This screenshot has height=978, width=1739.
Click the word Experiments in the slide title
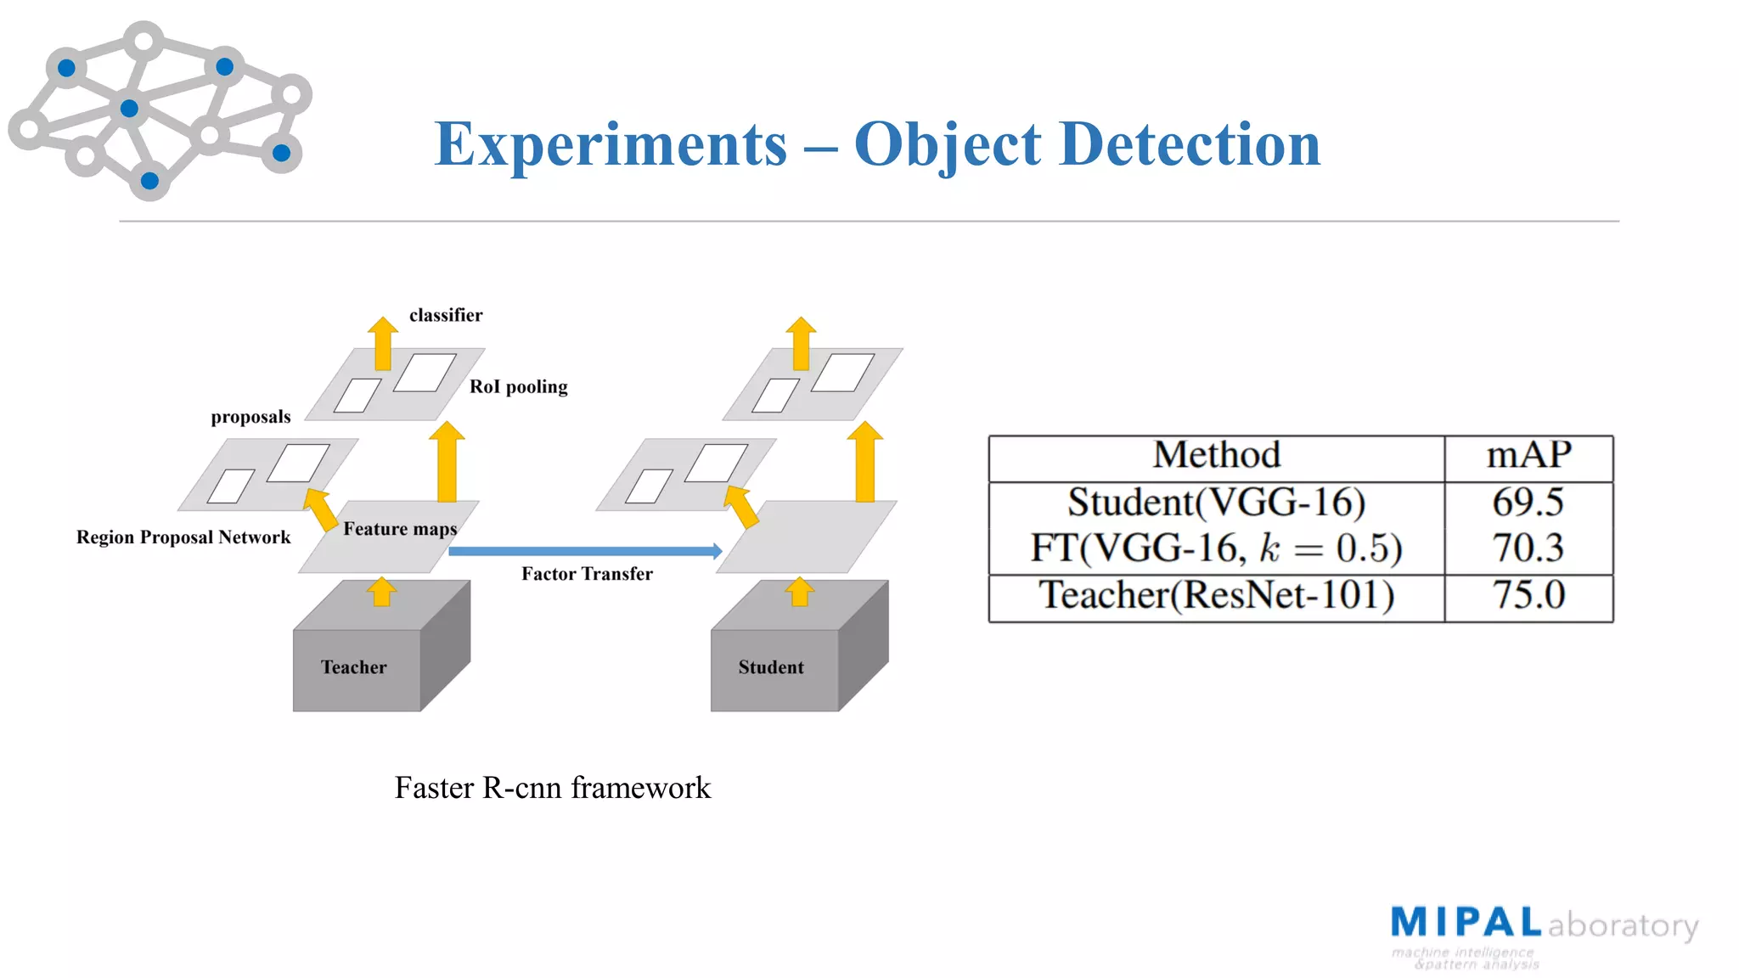(x=611, y=144)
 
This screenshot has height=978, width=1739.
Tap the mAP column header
(x=1528, y=456)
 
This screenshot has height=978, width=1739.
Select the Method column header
(x=1216, y=456)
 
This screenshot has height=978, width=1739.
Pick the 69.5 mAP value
(x=1528, y=503)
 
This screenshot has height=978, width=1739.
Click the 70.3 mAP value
(x=1528, y=548)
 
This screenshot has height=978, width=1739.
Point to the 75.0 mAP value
(x=1528, y=595)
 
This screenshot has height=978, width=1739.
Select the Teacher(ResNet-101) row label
(x=1216, y=595)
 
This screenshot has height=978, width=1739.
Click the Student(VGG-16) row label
(x=1216, y=503)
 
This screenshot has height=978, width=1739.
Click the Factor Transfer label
(x=587, y=575)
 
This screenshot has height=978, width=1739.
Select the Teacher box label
(x=353, y=667)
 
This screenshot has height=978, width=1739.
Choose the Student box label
(x=771, y=667)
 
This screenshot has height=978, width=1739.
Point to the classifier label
(x=446, y=316)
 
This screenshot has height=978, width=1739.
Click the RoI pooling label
(x=519, y=387)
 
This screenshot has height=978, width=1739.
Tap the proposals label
(x=250, y=417)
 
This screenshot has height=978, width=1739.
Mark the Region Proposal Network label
(x=183, y=537)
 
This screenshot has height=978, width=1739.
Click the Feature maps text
(x=400, y=530)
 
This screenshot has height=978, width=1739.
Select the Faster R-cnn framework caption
(x=552, y=788)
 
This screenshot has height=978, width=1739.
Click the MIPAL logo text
(x=1466, y=923)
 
